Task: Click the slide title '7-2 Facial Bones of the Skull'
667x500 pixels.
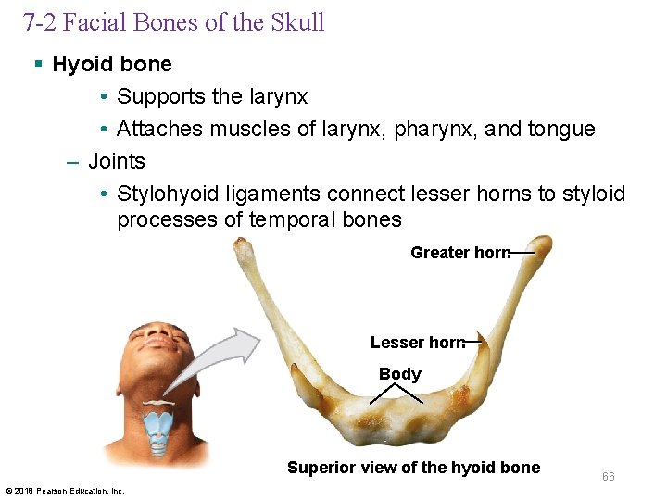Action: pyautogui.click(x=174, y=22)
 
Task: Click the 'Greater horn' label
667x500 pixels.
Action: pyautogui.click(x=459, y=253)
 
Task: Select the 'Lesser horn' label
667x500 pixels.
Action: pyautogui.click(x=417, y=343)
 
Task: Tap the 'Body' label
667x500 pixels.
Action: pyautogui.click(x=399, y=374)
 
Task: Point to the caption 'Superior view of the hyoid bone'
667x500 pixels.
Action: pyautogui.click(x=413, y=468)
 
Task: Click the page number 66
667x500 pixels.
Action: pyautogui.click(x=608, y=477)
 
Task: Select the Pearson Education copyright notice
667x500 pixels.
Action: pyautogui.click(x=65, y=490)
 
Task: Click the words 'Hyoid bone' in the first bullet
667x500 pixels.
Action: pyautogui.click(x=112, y=64)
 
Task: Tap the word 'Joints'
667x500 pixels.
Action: pyautogui.click(x=117, y=161)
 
